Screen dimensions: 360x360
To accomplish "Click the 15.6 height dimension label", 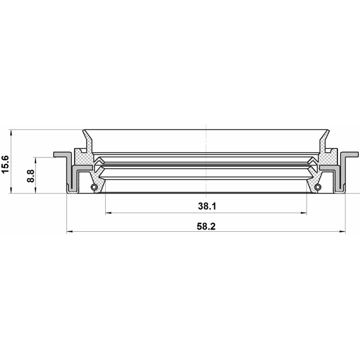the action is click(5, 164).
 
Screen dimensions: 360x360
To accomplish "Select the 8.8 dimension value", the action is click(30, 176).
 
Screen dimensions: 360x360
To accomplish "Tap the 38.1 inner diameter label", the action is click(207, 206).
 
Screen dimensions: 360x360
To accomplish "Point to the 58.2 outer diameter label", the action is click(206, 226).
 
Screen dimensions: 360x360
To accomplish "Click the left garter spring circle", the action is click(94, 187).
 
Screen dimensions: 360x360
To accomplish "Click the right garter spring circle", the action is click(318, 187).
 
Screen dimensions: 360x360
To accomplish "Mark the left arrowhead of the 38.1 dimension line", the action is click(109, 213).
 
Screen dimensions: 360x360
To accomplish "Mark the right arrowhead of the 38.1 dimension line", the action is click(304, 213).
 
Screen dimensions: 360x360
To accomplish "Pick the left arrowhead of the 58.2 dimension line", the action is click(70, 231).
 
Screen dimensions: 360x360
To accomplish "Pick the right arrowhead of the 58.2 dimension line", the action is click(342, 231).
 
